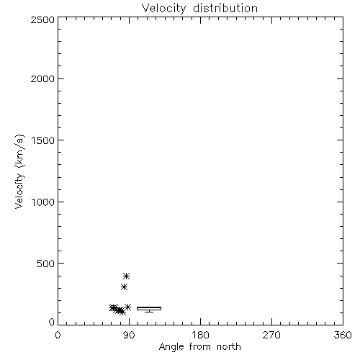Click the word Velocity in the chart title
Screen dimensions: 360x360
click(x=163, y=9)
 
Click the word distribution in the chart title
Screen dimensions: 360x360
click(x=225, y=8)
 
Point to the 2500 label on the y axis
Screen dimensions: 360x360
click(x=42, y=19)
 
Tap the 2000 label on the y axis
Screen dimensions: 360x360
click(x=42, y=78)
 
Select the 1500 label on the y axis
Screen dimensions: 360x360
click(x=43, y=140)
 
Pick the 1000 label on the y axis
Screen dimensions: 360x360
click(x=43, y=202)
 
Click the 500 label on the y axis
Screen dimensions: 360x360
click(x=46, y=264)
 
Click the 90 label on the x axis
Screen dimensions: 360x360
click(x=129, y=335)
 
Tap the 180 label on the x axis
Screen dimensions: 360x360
click(x=200, y=335)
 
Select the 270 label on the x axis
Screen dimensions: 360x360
click(x=271, y=335)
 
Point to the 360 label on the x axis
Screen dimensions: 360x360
click(x=343, y=335)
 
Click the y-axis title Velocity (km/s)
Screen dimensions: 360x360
click(x=19, y=171)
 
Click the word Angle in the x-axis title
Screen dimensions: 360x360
click(x=171, y=347)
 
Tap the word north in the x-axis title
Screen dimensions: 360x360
click(x=229, y=346)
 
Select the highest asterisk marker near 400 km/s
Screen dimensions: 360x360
click(x=127, y=276)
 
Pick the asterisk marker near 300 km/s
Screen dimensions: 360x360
click(x=124, y=287)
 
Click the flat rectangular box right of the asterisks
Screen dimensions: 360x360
click(x=149, y=308)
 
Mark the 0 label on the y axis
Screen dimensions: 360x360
click(x=52, y=322)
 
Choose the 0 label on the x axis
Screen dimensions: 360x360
click(x=58, y=335)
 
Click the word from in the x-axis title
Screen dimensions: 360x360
click(x=200, y=346)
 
